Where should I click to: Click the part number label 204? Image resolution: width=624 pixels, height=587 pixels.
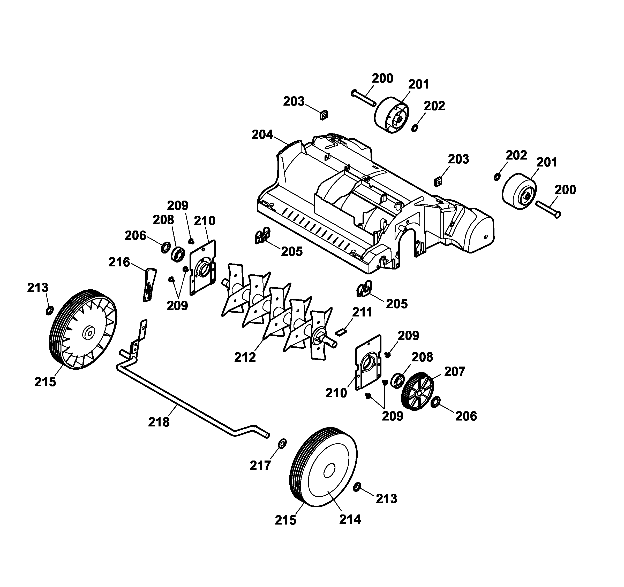[262, 135]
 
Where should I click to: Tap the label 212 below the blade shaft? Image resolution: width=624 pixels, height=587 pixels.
[245, 357]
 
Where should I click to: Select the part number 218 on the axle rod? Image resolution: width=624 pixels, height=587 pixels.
[159, 422]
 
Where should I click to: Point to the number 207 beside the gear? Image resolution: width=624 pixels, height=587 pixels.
[455, 371]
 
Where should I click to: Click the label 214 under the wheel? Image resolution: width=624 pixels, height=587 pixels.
[350, 519]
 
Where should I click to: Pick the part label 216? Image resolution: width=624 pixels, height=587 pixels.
[119, 262]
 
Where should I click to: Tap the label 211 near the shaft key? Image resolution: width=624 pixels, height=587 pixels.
[362, 312]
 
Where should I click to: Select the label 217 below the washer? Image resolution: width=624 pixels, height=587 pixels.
[260, 465]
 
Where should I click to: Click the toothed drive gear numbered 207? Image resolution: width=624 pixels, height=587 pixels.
[417, 392]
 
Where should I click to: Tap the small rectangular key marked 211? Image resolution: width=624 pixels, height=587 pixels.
[341, 332]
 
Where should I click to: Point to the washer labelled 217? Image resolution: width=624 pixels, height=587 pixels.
[282, 443]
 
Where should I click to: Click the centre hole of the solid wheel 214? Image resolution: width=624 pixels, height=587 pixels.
[329, 471]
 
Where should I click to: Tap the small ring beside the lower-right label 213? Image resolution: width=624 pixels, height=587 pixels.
[357, 487]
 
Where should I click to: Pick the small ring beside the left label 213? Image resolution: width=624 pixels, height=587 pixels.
[50, 311]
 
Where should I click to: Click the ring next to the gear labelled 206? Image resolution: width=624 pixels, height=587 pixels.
[435, 402]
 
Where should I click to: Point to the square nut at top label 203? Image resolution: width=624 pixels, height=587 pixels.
[324, 115]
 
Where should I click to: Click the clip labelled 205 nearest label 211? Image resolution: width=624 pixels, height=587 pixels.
[364, 289]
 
